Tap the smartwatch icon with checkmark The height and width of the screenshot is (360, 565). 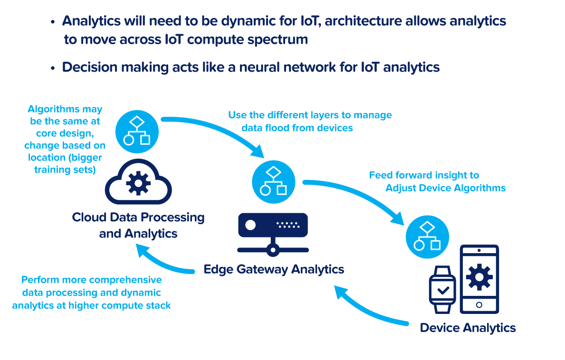click(442, 290)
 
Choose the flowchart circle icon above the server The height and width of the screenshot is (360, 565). click(273, 180)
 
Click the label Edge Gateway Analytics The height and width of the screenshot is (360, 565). click(274, 269)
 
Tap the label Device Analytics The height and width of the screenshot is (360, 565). click(468, 328)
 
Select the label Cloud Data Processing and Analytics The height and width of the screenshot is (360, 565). click(138, 225)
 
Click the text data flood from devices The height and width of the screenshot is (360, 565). click(297, 127)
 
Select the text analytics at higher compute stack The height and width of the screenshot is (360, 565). click(91, 305)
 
